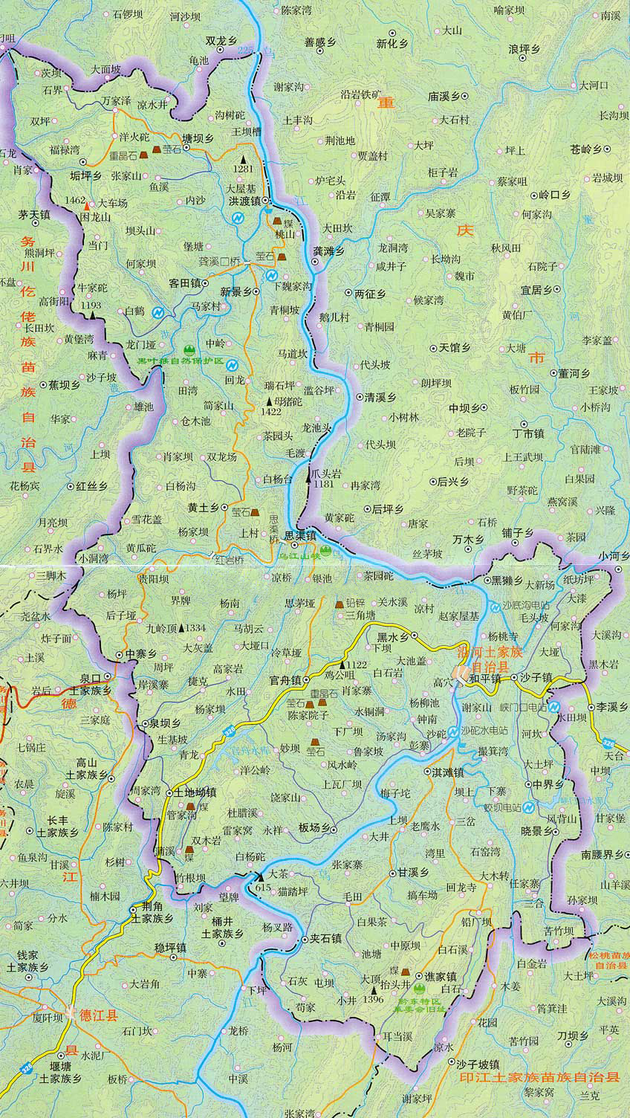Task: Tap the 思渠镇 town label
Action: [296, 534]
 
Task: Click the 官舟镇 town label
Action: [285, 679]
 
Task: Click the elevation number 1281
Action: [243, 169]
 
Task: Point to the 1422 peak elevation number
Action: [271, 411]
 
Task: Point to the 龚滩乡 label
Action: [328, 251]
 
